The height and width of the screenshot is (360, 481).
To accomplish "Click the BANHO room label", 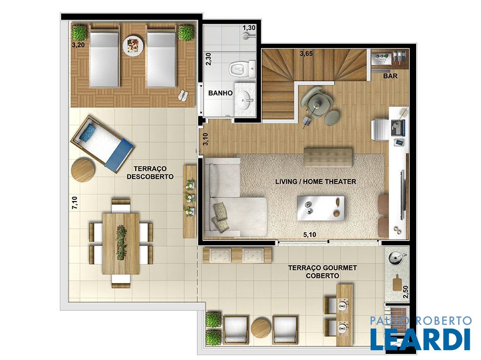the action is click(x=220, y=93).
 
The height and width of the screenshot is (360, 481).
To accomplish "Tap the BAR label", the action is click(x=390, y=75).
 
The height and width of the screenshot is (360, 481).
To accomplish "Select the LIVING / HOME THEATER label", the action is click(x=316, y=181).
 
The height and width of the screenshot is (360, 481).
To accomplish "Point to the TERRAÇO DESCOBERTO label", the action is click(x=150, y=172).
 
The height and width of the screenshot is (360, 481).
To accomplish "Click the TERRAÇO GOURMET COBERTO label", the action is click(x=322, y=272).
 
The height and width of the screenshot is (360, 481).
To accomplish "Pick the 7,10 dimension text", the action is click(x=75, y=202).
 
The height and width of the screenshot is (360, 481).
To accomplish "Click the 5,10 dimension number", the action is click(x=310, y=235).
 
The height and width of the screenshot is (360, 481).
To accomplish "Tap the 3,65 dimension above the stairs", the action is click(x=306, y=53).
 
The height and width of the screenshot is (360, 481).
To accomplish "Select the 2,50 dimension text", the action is click(x=405, y=292).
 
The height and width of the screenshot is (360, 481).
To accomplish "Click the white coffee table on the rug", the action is click(x=320, y=208).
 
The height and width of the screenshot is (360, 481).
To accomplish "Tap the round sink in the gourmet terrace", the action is click(x=395, y=259).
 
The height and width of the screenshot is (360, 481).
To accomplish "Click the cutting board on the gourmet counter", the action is click(x=397, y=282).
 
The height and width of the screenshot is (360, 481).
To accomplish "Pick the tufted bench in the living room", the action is click(x=328, y=157).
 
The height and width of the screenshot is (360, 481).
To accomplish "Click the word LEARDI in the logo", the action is click(x=420, y=339).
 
